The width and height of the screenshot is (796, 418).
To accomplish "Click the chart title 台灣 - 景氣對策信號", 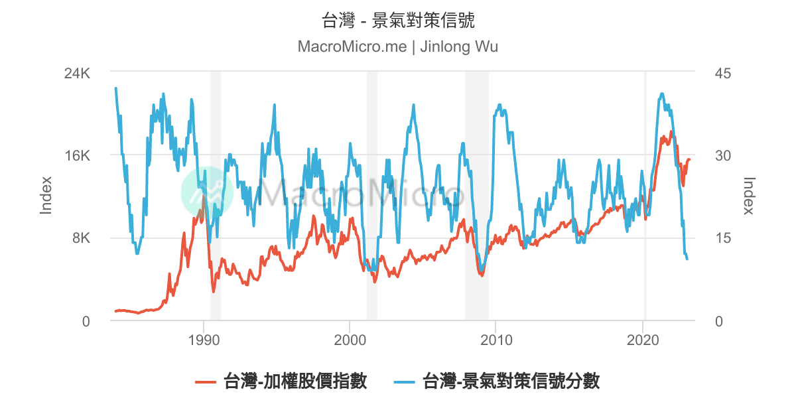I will coord(398,21).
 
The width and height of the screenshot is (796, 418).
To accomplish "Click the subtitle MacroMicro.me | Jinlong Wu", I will coord(398,47).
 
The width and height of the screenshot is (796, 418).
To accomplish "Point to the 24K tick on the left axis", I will coord(76,73).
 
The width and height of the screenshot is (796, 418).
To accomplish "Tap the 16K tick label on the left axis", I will coord(76,156).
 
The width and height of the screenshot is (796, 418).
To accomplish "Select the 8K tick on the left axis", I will coord(80,238).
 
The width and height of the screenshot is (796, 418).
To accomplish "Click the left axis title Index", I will coord(46,195).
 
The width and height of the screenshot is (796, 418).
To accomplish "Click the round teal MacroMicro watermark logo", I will coord(206,192).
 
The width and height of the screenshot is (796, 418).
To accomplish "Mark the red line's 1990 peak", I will coord(204,197).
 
